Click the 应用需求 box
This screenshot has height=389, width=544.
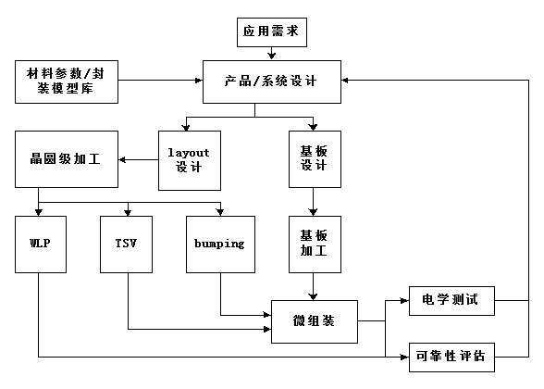pos(272,31)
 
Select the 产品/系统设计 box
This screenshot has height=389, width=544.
pos(272,82)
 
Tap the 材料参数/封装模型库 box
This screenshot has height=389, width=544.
pos(67,82)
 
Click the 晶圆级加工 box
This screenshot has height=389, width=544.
pos(67,159)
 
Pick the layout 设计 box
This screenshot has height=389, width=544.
pos(190,160)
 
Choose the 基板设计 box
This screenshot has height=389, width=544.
pos(315,159)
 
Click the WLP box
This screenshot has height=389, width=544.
pos(41,245)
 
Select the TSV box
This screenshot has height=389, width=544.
pos(126,245)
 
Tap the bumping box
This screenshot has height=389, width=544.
pos(220,245)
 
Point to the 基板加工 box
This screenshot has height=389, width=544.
pos(315,245)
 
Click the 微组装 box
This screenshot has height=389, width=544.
pos(315,321)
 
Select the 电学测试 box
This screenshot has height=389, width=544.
pos(451,301)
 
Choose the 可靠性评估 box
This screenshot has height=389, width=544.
pos(451,358)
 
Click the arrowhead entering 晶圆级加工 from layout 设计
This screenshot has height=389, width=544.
pos(122,159)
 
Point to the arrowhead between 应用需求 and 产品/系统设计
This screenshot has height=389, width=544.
pos(272,56)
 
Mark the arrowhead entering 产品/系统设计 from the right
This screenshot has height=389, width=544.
pos(345,81)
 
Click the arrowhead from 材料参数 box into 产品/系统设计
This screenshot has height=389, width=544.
pos(199,81)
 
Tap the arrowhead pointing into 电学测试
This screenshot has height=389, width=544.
pos(405,300)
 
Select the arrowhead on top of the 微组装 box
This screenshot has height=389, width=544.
pos(313,297)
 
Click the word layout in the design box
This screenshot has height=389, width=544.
pos(189,153)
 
